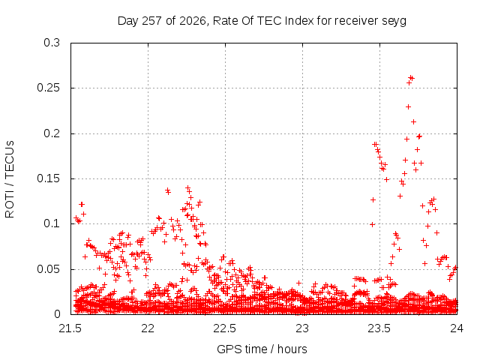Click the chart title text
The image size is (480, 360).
point(262,21)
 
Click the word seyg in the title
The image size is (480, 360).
point(394,22)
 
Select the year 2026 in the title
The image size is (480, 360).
point(193,21)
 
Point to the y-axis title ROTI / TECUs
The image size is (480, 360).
point(10,179)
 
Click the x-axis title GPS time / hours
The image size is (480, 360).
point(262,349)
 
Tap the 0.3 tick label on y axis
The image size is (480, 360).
point(52,43)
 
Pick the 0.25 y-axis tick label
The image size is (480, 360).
point(48,88)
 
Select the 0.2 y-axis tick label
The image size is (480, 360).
point(52,133)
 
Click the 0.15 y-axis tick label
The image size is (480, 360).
point(48,178)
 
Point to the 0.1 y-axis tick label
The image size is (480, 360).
point(52,223)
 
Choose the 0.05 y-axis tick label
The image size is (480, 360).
point(48,269)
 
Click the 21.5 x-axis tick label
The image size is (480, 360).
point(70,328)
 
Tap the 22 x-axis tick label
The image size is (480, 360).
point(148,328)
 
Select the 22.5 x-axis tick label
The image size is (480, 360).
point(225,328)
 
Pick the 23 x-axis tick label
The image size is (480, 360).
point(302,328)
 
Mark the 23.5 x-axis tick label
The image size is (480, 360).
point(379,328)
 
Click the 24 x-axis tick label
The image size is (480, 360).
point(457,328)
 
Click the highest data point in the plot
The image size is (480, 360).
point(410,78)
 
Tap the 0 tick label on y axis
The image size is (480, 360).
point(57,314)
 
